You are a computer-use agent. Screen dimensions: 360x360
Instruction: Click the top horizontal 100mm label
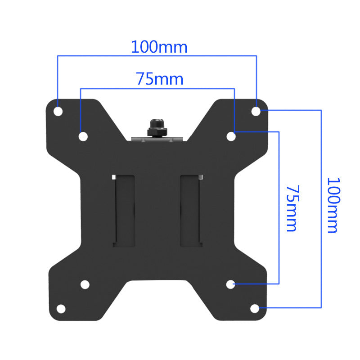159,47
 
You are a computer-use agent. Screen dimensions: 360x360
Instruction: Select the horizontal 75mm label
160,79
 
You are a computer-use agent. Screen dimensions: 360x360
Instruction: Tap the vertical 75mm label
292,208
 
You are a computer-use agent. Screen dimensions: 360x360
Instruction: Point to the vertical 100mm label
333,205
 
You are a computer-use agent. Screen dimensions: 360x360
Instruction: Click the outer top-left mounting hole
58,111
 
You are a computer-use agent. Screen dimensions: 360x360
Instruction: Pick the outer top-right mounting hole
256,111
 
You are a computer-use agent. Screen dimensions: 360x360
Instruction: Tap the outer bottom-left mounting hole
61,309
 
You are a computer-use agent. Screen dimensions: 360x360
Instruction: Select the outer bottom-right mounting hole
255,309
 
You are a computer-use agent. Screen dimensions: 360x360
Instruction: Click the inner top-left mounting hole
83,137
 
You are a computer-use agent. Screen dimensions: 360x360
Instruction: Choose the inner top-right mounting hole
231,136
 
